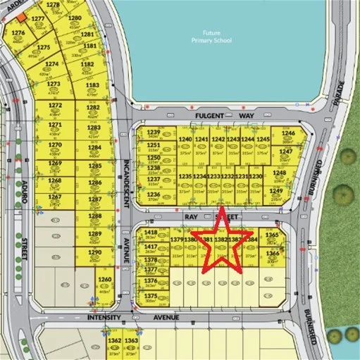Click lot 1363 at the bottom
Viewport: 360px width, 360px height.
click(131, 342)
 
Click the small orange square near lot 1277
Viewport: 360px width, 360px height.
click(22, 16)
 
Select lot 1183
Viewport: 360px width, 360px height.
click(92, 87)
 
